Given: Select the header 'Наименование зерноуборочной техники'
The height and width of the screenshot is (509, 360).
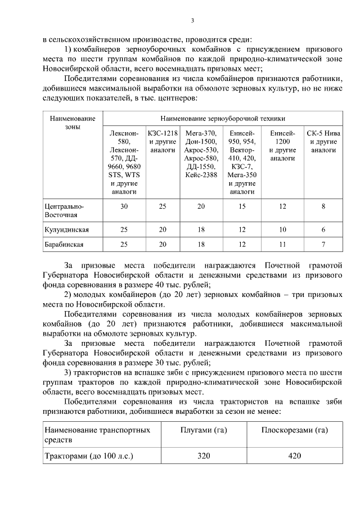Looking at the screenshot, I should [222, 119].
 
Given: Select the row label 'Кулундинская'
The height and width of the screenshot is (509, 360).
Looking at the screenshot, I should [66, 230].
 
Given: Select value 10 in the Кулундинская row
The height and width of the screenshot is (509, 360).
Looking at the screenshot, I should [282, 230].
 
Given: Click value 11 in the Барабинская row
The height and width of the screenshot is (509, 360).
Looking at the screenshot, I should [282, 245].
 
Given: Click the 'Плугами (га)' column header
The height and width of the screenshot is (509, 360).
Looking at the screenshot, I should [203, 430].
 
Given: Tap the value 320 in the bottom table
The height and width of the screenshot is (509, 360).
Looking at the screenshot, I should [203, 456].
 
